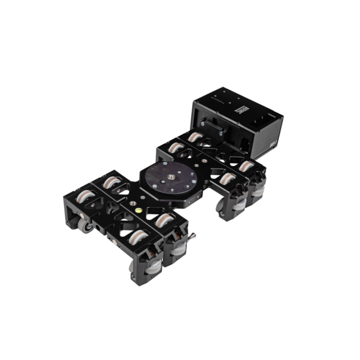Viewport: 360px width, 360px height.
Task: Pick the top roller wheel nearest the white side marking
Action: [x=244, y=167]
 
